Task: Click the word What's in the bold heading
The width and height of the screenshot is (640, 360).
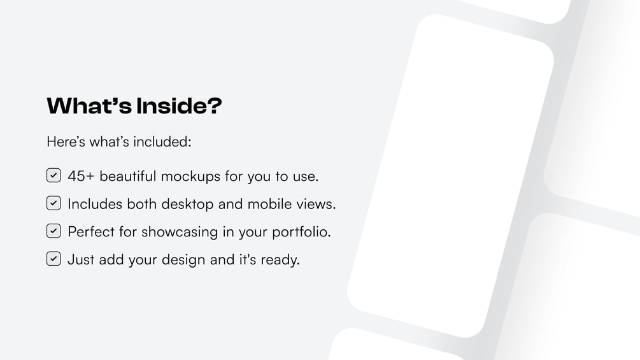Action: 89,106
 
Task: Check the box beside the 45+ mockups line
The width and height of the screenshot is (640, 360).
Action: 53,175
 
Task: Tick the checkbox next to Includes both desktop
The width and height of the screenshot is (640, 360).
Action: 53,203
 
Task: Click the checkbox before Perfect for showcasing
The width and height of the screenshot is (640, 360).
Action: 53,231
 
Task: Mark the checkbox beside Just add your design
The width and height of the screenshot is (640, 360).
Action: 53,259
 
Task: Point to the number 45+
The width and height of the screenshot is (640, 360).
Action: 81,176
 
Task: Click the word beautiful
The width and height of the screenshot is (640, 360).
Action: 128,176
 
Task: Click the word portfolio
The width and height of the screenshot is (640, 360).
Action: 301,232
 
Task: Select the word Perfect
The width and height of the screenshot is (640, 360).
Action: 91,231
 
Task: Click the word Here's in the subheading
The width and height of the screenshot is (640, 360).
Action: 66,141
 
